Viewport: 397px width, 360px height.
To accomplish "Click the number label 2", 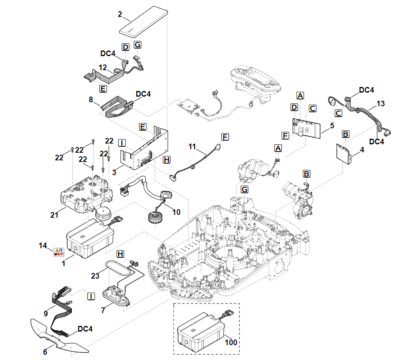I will [120, 14].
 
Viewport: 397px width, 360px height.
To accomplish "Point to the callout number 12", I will [103, 68].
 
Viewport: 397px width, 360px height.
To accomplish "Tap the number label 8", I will [91, 99].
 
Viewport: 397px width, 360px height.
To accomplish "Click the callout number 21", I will [55, 215].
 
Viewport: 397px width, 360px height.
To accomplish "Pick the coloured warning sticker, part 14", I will [59, 252].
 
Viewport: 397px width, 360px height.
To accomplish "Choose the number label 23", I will [95, 276].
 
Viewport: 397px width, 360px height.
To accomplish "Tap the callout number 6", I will [45, 352].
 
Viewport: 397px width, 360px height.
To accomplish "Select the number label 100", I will [231, 343].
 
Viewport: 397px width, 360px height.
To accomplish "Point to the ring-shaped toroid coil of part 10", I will [155, 219].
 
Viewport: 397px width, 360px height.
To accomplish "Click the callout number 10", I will [176, 212].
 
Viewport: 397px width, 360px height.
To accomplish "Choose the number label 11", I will [192, 147].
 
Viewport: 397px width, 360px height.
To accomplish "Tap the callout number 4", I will [362, 150].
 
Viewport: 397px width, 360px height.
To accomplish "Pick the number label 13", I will [381, 104].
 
